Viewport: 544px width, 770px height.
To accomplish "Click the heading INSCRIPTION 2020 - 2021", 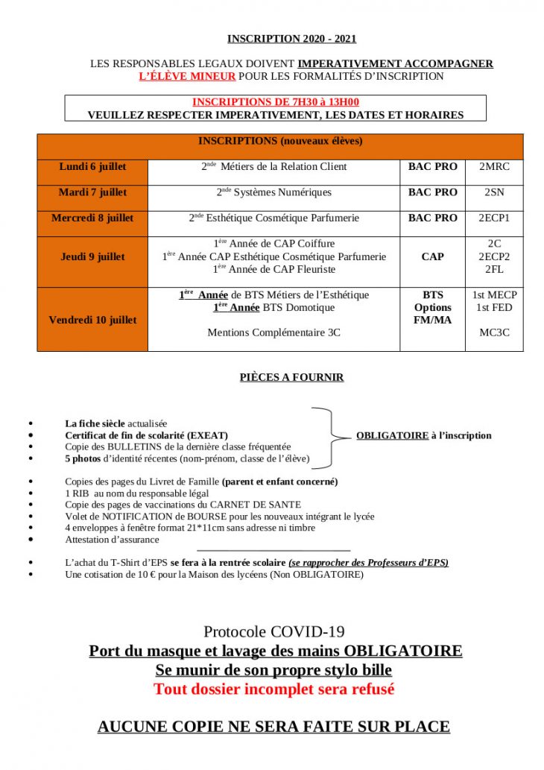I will (x=286, y=39).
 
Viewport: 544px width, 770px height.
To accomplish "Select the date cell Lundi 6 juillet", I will (x=92, y=167).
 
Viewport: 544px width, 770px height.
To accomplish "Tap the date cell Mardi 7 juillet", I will (x=92, y=192).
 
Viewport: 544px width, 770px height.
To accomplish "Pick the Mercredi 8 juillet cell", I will (x=92, y=218).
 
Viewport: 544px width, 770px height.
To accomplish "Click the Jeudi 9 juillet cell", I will (x=92, y=256).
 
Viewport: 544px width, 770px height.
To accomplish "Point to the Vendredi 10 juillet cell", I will (x=92, y=320).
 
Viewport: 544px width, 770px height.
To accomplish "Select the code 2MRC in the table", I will (x=494, y=167).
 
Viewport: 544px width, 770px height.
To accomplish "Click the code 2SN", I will (x=494, y=192).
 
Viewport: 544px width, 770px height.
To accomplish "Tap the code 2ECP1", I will (x=494, y=218).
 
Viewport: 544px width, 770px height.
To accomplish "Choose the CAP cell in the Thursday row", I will (x=432, y=256).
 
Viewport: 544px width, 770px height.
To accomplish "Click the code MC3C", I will (x=494, y=332).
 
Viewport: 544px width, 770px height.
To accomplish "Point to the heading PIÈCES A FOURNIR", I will (x=291, y=377).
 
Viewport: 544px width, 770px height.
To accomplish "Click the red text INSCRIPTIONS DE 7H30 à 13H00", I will (x=276, y=102).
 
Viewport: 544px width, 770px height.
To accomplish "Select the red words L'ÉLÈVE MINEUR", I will (x=187, y=76).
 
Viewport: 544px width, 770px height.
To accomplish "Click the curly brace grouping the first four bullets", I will (x=328, y=436).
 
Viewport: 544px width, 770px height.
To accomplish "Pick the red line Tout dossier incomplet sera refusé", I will (x=273, y=689).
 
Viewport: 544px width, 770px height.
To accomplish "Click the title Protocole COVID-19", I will (x=273, y=632).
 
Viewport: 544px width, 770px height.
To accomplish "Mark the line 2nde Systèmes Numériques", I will (x=273, y=192).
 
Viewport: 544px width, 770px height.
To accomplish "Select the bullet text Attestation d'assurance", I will (x=112, y=540).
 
